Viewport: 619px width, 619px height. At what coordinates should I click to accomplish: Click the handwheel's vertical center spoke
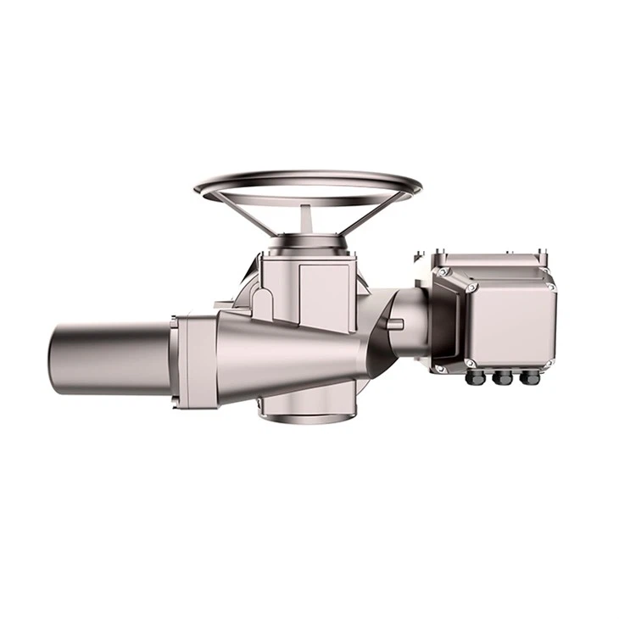(307, 218)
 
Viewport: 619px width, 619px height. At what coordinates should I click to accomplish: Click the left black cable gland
(475, 377)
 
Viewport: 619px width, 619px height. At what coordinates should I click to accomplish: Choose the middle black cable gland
(503, 377)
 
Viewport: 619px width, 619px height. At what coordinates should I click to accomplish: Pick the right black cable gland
(530, 377)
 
